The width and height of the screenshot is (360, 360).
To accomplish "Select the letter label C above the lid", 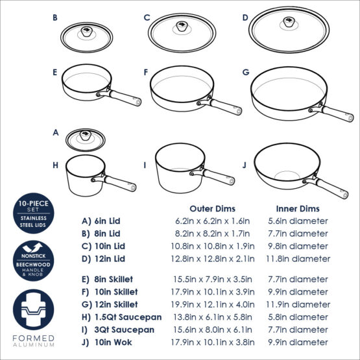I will [147, 18].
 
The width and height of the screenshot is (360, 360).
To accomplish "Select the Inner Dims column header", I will [298, 209].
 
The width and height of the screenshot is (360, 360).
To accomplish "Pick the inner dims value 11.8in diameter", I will [298, 259].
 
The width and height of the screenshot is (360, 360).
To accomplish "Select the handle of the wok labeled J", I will [333, 189].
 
